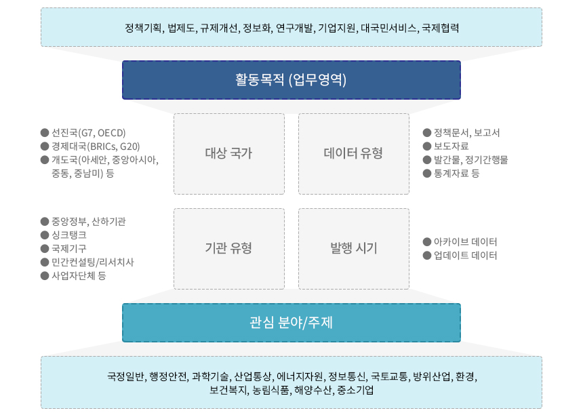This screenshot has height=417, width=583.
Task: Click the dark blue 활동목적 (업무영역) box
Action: pyautogui.click(x=291, y=80)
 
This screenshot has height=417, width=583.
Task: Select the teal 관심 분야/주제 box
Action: pyautogui.click(x=291, y=323)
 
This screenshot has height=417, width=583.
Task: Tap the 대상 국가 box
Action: pyautogui.click(x=229, y=154)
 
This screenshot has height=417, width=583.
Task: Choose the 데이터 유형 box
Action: pyautogui.click(x=354, y=154)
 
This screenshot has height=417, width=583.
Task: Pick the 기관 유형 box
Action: pyautogui.click(x=229, y=248)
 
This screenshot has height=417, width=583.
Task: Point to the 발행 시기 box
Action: pyautogui.click(x=354, y=248)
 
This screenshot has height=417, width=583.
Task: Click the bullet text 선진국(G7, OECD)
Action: pyautogui.click(x=89, y=133)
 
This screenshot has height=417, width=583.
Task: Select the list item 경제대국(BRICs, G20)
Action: pyautogui.click(x=96, y=146)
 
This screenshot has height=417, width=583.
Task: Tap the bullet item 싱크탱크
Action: pyautogui.click(x=68, y=235)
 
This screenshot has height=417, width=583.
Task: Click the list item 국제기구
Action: pyautogui.click(x=68, y=248)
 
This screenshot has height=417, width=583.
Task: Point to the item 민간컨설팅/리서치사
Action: pyautogui.click(x=93, y=262)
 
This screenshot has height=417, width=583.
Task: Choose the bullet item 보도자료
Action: pyautogui.click(x=451, y=146)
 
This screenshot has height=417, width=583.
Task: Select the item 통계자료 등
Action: pyautogui.click(x=457, y=173)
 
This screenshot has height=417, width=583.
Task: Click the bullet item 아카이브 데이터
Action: pyautogui.click(x=465, y=242)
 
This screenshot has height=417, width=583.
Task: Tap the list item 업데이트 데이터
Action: pyautogui.click(x=465, y=255)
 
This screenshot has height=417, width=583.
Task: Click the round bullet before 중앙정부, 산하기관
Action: pyautogui.click(x=45, y=221)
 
